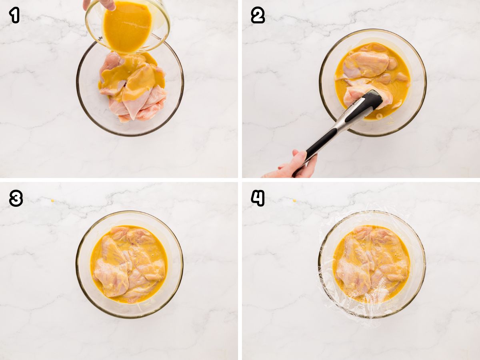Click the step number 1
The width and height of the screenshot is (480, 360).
pyautogui.click(x=14, y=15)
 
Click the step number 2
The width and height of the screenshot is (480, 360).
pyautogui.click(x=258, y=15)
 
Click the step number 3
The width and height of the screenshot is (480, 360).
pyautogui.click(x=16, y=198)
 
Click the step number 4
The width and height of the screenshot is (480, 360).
pyautogui.click(x=258, y=198)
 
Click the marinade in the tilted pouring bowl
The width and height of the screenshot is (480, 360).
pyautogui.click(x=127, y=26)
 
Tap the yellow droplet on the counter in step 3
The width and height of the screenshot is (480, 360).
pyautogui.click(x=52, y=200)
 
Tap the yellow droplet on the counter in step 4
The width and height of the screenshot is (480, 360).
pyautogui.click(x=294, y=200)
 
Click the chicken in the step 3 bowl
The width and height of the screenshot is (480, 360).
pyautogui.click(x=128, y=264)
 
